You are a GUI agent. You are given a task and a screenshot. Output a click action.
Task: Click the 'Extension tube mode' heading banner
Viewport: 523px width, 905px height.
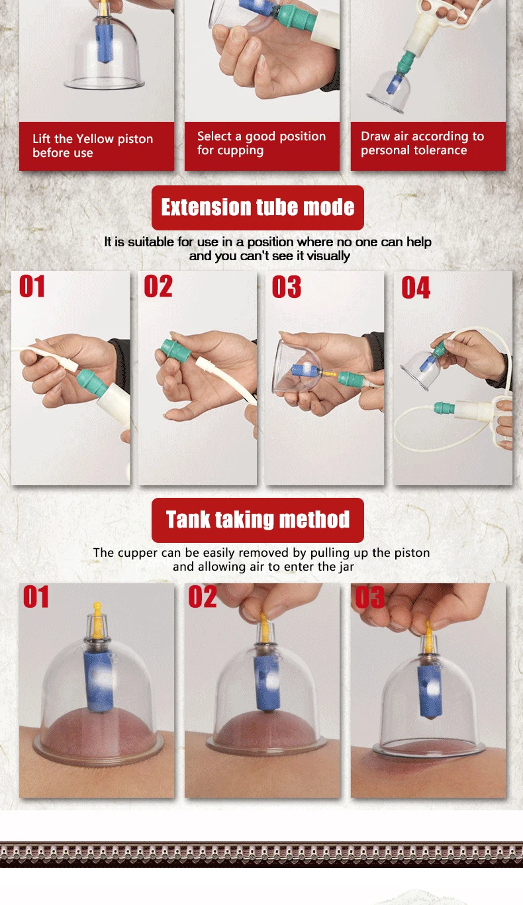(258, 208)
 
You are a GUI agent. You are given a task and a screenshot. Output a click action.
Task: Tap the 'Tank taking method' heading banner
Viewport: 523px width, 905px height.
(258, 520)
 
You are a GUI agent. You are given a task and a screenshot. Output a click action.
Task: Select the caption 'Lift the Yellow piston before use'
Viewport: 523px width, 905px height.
(93, 146)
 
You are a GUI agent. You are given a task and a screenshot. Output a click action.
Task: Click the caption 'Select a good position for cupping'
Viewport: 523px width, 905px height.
(261, 143)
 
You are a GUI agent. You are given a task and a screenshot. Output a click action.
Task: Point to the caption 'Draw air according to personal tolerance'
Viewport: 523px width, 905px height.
(422, 143)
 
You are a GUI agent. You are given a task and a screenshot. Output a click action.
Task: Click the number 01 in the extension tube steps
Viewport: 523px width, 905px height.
(32, 286)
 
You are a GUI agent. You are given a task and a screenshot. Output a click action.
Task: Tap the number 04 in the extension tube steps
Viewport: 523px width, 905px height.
(416, 288)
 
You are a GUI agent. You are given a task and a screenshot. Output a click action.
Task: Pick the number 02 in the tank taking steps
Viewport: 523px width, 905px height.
(203, 596)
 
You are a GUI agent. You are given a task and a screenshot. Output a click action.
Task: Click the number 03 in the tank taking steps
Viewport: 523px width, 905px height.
(369, 596)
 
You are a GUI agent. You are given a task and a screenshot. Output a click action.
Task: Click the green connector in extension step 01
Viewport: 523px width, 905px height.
(92, 382)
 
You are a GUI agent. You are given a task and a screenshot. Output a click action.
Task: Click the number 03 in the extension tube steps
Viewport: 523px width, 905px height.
(287, 287)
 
